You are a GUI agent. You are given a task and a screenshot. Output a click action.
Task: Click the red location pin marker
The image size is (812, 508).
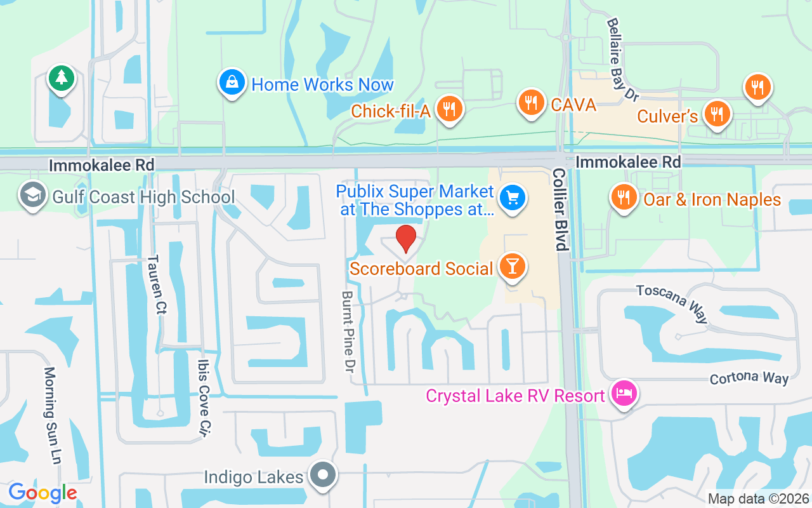pos(406,238)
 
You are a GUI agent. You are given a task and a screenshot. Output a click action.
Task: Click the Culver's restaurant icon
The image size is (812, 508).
pos(717,114)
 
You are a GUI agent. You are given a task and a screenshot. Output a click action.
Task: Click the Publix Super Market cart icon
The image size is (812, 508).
pos(513,197)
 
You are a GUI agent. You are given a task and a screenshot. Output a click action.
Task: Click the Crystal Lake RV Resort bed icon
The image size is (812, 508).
pos(624,394)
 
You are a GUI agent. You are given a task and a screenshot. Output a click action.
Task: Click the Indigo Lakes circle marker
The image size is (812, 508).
pos(323,474)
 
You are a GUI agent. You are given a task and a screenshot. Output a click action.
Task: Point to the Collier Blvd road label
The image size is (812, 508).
pos(560,210)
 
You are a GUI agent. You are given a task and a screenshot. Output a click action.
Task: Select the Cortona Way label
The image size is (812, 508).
pos(749,378)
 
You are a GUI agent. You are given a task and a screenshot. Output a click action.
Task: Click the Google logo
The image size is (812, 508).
pos(43,492)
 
